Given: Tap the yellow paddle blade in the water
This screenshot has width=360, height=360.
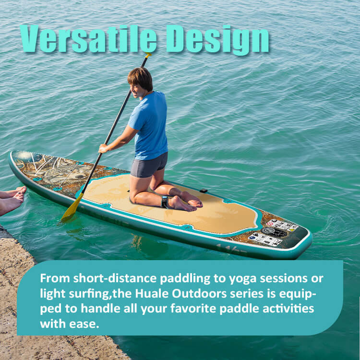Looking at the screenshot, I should coord(72,209).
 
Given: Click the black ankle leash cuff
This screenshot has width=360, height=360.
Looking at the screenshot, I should coord(165,202).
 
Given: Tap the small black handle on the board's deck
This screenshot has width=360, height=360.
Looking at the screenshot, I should coord(204,191).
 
